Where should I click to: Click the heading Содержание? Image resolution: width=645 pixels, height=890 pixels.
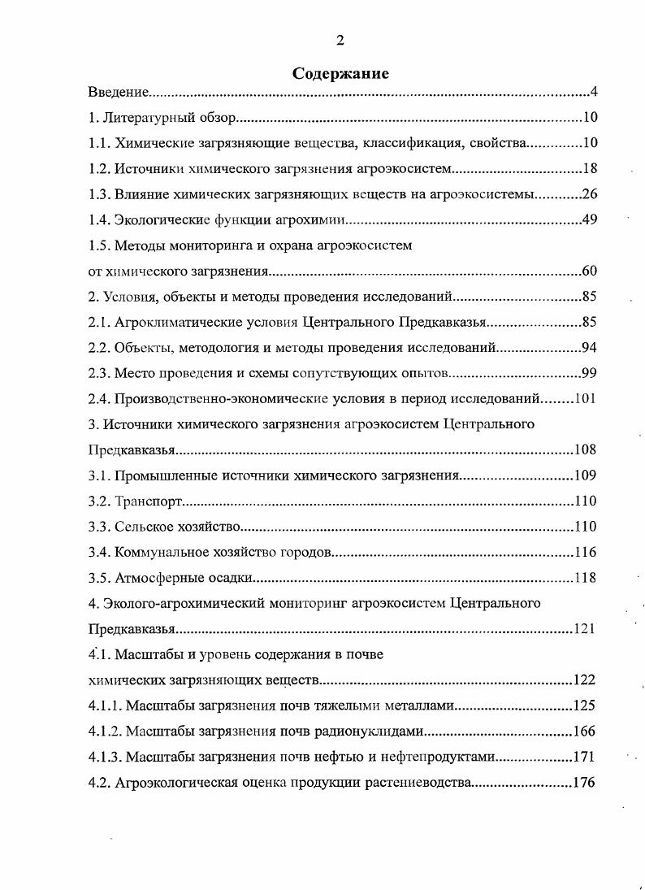tap(340, 73)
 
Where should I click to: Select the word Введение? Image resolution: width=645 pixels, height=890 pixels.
tap(118, 93)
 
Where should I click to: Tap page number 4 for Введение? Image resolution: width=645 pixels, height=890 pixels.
tap(594, 92)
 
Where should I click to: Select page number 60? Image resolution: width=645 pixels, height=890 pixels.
tap(590, 271)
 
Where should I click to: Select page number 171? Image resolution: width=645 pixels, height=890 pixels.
tap(583, 757)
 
